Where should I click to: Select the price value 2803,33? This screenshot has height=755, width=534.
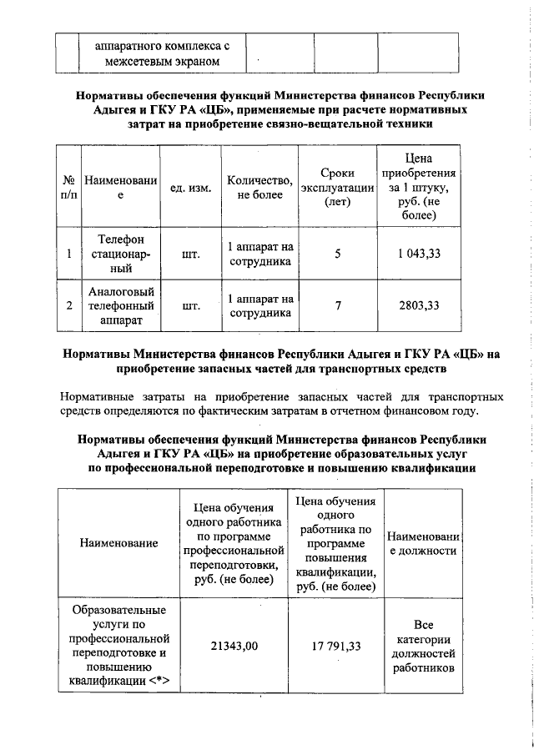[x=420, y=305]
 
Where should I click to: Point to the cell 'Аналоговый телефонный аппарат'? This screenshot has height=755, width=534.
[x=121, y=305]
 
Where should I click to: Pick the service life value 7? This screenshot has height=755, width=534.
[x=338, y=305]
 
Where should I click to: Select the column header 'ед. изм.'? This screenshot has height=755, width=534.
[x=189, y=188]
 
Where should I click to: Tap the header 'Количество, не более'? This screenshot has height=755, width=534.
[x=259, y=188]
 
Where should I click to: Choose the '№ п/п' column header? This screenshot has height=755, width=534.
[x=69, y=188]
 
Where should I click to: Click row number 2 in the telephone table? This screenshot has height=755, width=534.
[x=69, y=305]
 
